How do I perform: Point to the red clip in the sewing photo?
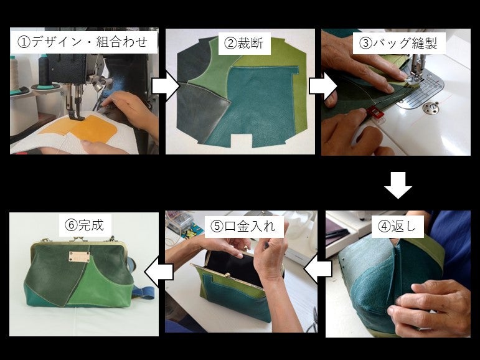pyautogui.click(x=374, y=112)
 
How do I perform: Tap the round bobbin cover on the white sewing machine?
pyautogui.click(x=429, y=109)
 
